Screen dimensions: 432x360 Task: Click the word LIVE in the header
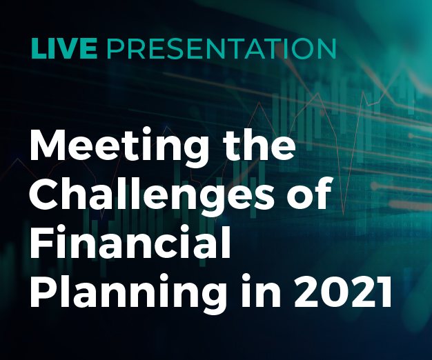64,49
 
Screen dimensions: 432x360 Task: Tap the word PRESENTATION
222,49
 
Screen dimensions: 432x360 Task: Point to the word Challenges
153,194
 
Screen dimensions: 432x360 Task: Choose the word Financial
130,241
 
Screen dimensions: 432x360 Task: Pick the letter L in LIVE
38,49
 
